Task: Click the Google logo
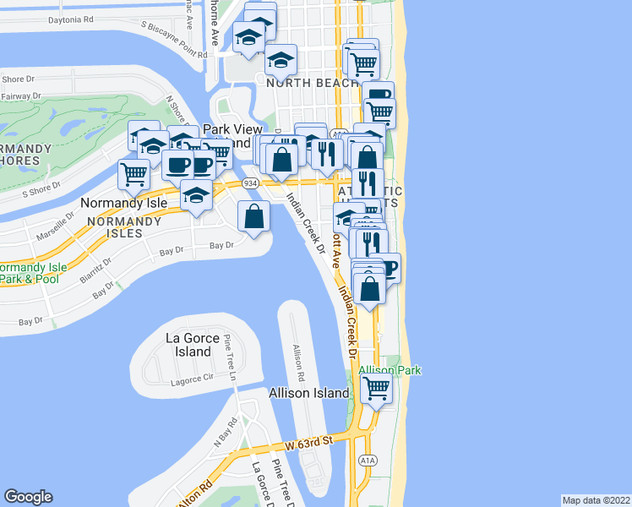pyautogui.click(x=29, y=497)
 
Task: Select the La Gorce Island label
pyautogui.click(x=188, y=345)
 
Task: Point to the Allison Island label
pyautogui.click(x=308, y=393)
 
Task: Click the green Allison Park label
pyautogui.click(x=390, y=371)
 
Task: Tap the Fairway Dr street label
pyautogui.click(x=15, y=96)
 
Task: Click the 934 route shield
pyautogui.click(x=250, y=183)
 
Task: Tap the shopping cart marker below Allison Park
pyautogui.click(x=376, y=390)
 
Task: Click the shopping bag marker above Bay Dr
pyautogui.click(x=253, y=217)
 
